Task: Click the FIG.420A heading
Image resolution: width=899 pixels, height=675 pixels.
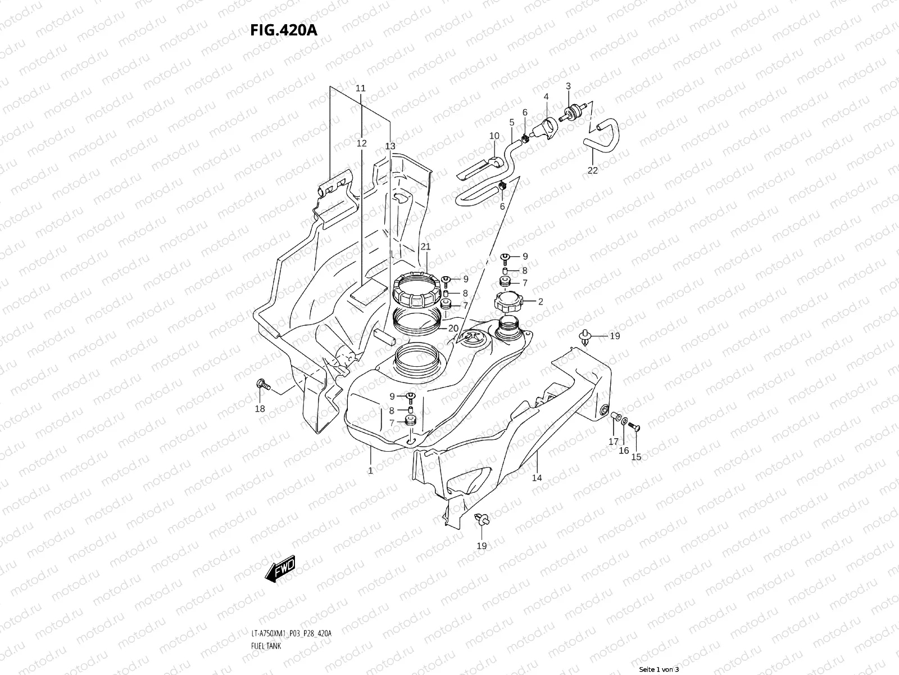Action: click(x=284, y=30)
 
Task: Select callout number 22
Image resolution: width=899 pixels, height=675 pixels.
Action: click(x=593, y=170)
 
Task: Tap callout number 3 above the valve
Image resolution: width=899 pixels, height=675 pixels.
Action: click(x=568, y=86)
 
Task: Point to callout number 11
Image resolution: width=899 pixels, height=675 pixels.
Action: click(x=361, y=88)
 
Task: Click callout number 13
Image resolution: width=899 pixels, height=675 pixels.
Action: click(x=390, y=146)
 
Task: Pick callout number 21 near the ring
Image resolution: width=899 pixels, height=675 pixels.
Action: click(x=425, y=247)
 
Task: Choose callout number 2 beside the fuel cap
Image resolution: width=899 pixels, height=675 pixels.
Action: click(x=541, y=301)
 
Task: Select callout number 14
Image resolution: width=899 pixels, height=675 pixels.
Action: click(x=537, y=478)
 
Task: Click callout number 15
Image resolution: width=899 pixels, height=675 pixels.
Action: click(x=636, y=457)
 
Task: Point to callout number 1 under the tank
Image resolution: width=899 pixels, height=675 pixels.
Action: click(x=371, y=470)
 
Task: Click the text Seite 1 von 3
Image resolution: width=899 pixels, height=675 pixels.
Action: click(x=659, y=669)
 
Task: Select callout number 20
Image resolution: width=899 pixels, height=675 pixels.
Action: click(x=453, y=328)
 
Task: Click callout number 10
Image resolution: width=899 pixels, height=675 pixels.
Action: click(x=494, y=136)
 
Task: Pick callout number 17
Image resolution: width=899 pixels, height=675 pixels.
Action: click(x=613, y=442)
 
